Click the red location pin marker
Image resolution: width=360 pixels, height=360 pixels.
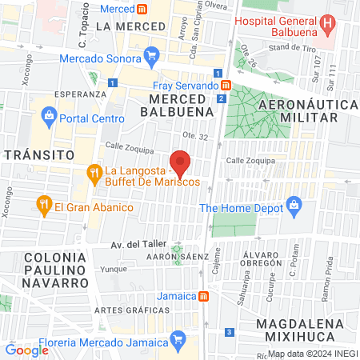pyautogui.click(x=181, y=162)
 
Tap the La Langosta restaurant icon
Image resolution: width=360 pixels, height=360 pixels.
pyautogui.click(x=94, y=171)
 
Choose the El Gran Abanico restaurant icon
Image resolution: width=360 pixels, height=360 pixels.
pyautogui.click(x=43, y=207)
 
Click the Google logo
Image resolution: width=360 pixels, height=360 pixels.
pyautogui.click(x=26, y=350)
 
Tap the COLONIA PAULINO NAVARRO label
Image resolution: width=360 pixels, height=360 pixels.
pyautogui.click(x=55, y=270)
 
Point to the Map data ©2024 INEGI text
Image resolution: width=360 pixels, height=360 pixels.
pyautogui.click(x=311, y=353)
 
